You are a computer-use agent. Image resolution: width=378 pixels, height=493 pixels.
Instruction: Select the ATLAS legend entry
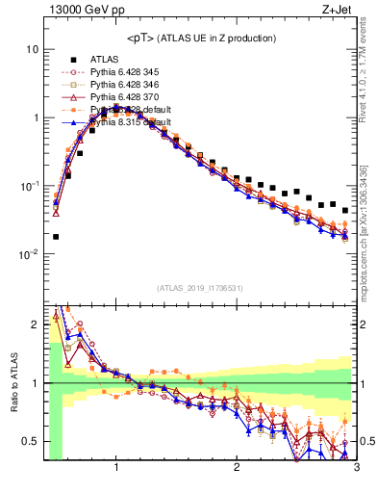click(x=105, y=58)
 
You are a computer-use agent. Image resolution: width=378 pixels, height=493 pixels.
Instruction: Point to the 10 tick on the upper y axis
click(x=32, y=49)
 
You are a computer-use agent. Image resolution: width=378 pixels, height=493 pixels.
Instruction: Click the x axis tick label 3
click(x=355, y=468)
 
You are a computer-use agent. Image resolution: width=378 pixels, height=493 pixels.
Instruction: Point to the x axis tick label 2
click(x=236, y=468)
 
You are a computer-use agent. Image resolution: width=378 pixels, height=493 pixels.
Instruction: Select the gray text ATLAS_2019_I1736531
click(x=199, y=287)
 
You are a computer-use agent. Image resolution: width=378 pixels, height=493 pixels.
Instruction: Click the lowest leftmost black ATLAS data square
click(x=56, y=236)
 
